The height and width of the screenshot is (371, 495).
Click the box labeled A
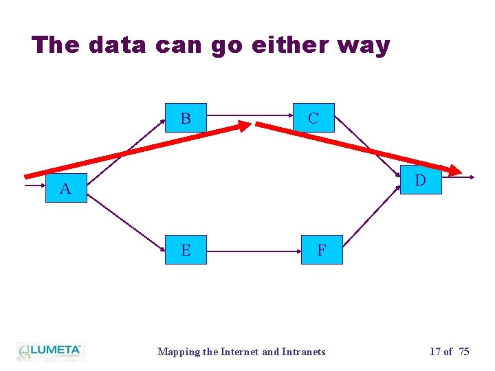65,188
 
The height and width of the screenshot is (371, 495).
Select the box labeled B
186,118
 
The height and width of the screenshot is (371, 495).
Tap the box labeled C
313,118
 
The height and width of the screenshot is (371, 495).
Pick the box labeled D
420,181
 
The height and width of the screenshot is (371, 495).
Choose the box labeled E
186,250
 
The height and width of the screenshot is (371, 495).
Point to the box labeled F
321,250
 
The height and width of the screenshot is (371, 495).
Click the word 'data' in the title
118,45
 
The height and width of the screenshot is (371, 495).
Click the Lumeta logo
49,351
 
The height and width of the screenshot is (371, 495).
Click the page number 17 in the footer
435,352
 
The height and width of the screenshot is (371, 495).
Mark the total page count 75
464,352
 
